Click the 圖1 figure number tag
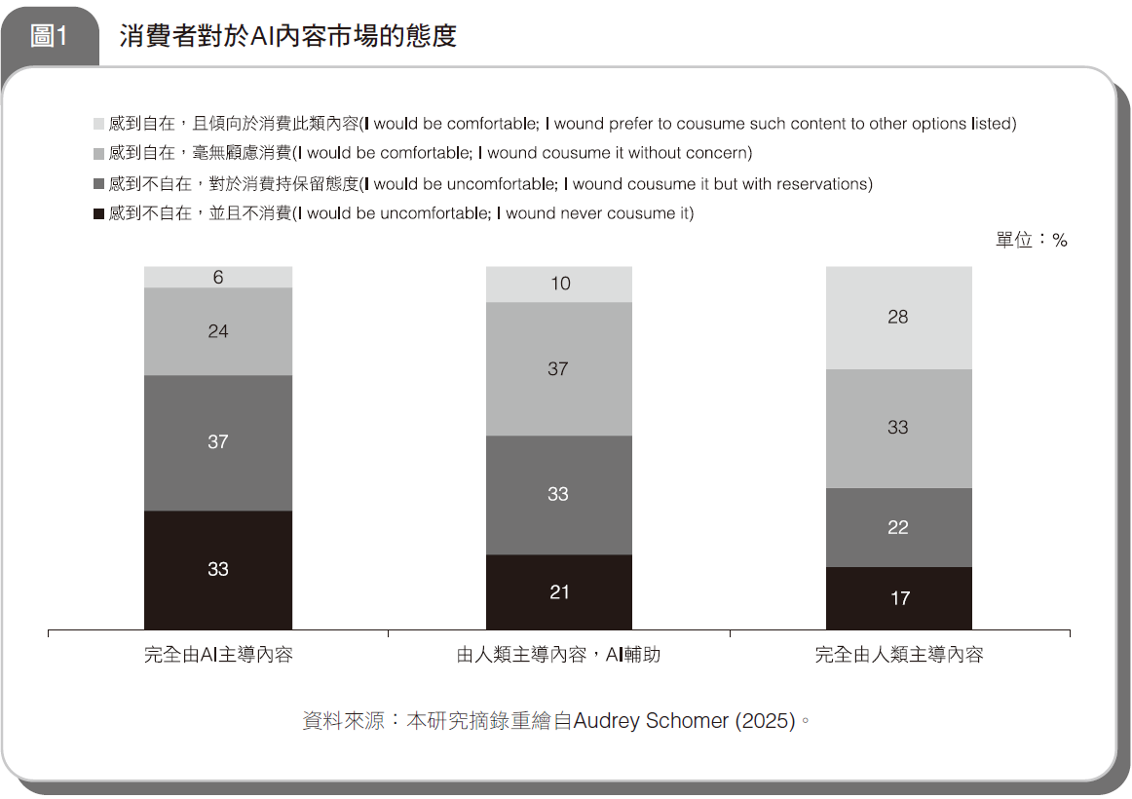click(49, 37)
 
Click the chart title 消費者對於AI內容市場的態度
click(288, 37)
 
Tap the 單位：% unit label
click(1031, 240)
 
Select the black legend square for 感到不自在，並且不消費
click(98, 213)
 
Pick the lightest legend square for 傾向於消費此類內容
click(98, 124)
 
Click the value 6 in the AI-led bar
click(218, 278)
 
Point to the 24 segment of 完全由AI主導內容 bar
click(218, 331)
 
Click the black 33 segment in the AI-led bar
click(218, 569)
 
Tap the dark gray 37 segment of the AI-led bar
click(218, 442)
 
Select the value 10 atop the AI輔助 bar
click(559, 285)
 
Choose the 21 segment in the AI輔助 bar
click(559, 591)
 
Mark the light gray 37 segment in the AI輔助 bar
click(559, 369)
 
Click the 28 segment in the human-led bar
click(898, 318)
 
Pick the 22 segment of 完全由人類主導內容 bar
click(898, 527)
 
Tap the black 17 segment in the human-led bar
click(898, 597)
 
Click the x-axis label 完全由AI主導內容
click(218, 655)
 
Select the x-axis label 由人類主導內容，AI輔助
click(559, 655)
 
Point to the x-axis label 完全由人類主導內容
click(898, 655)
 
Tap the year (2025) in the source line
click(765, 722)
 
